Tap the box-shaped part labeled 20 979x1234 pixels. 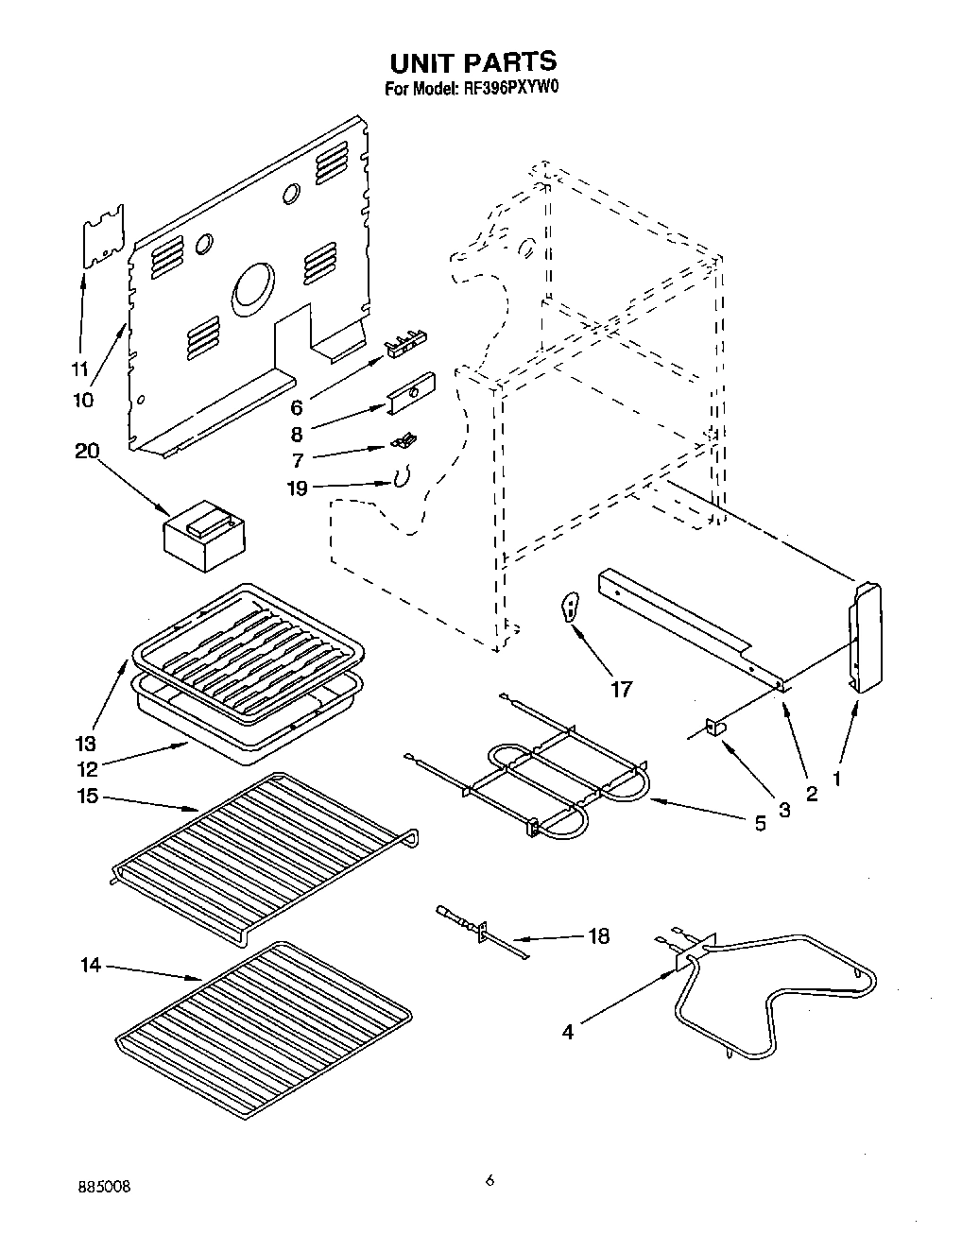click(x=203, y=537)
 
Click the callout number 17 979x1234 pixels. click(x=621, y=689)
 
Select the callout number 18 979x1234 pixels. click(x=598, y=936)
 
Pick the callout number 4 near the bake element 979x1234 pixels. click(x=567, y=1032)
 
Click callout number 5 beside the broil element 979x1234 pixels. click(x=760, y=822)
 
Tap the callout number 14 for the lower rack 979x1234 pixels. click(x=91, y=966)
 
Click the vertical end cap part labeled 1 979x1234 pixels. click(x=867, y=639)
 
